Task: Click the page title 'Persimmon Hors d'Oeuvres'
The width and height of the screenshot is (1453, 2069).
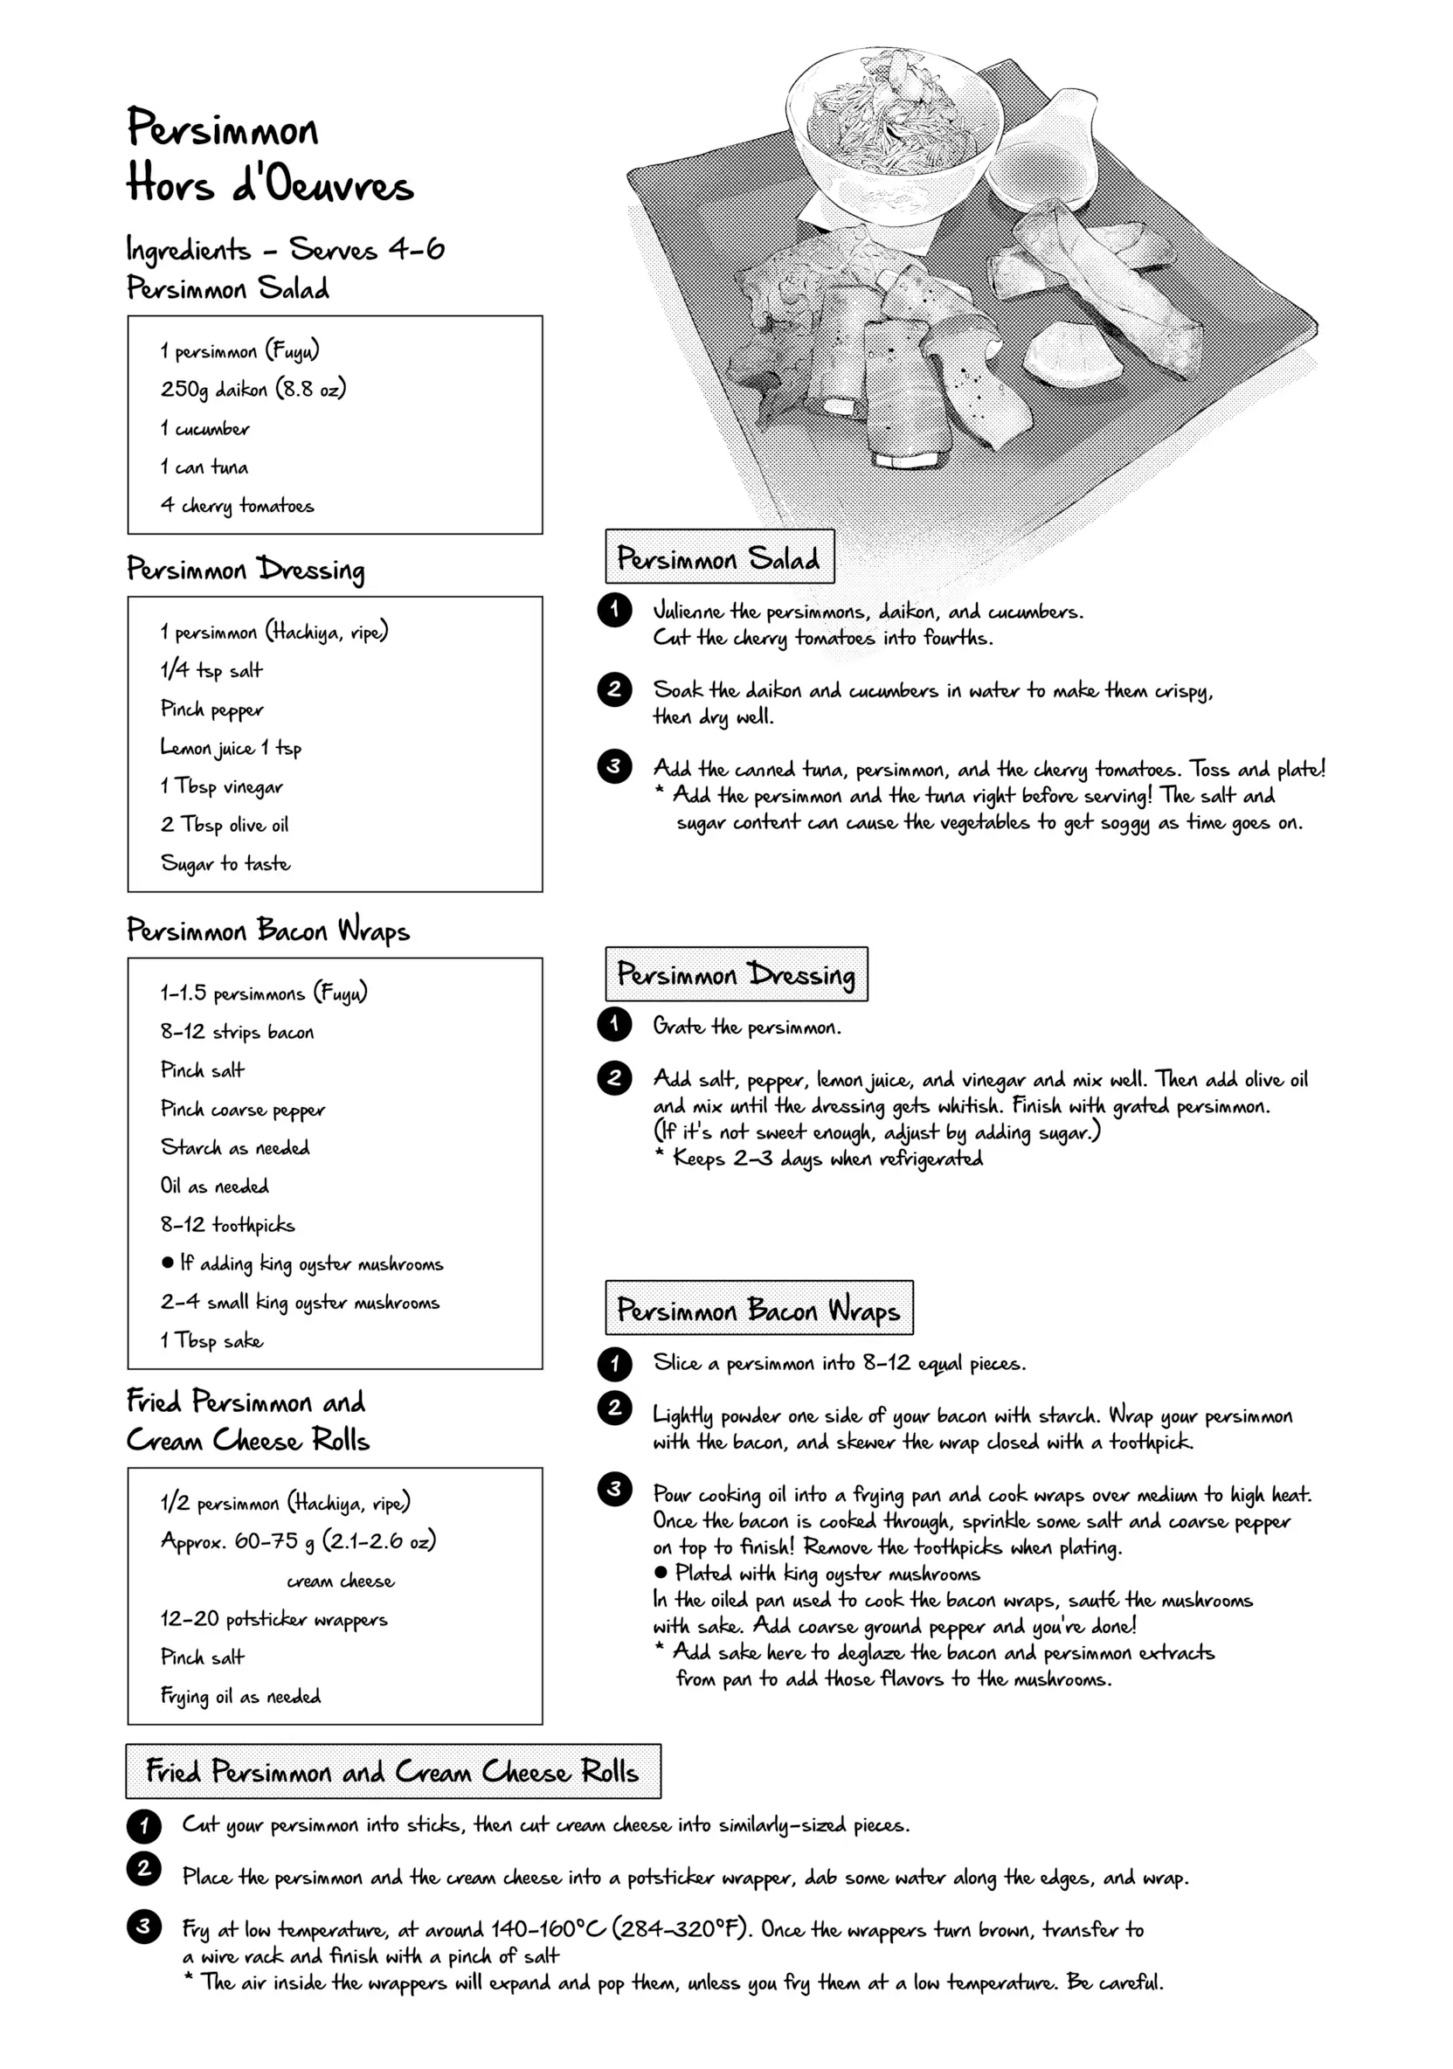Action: click(x=268, y=155)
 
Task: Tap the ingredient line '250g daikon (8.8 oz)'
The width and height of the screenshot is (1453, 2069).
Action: click(x=253, y=390)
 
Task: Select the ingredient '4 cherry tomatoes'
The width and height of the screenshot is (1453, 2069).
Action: click(x=237, y=506)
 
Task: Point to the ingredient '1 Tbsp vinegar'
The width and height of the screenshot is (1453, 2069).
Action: click(x=222, y=786)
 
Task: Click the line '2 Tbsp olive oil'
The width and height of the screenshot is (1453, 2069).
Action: click(x=225, y=825)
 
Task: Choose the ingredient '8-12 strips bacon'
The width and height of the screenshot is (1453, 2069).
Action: click(x=237, y=1031)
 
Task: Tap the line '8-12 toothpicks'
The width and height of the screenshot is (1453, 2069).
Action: click(x=227, y=1225)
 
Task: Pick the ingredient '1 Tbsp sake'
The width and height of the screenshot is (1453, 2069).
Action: click(x=211, y=1340)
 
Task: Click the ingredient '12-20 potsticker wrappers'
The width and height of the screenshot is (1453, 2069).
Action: click(x=274, y=1619)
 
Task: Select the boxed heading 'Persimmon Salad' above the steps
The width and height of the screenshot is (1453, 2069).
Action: click(x=718, y=557)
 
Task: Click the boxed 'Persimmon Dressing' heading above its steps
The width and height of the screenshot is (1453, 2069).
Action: click(x=736, y=974)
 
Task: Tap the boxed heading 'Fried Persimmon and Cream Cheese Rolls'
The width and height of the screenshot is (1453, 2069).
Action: click(x=392, y=1772)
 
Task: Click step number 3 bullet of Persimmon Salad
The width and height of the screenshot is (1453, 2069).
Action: click(x=614, y=766)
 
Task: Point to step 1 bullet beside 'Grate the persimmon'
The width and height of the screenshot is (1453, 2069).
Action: click(x=614, y=1024)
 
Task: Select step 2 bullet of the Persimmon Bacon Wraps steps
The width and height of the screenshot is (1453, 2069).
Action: click(x=614, y=1408)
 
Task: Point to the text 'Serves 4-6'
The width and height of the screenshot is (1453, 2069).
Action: click(x=367, y=250)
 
